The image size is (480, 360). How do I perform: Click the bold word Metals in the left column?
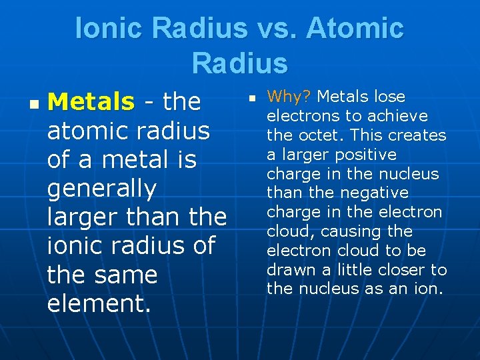[91, 102]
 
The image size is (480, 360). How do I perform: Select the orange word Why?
[289, 97]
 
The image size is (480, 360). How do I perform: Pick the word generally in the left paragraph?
[101, 189]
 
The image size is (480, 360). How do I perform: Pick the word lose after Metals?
[390, 97]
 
